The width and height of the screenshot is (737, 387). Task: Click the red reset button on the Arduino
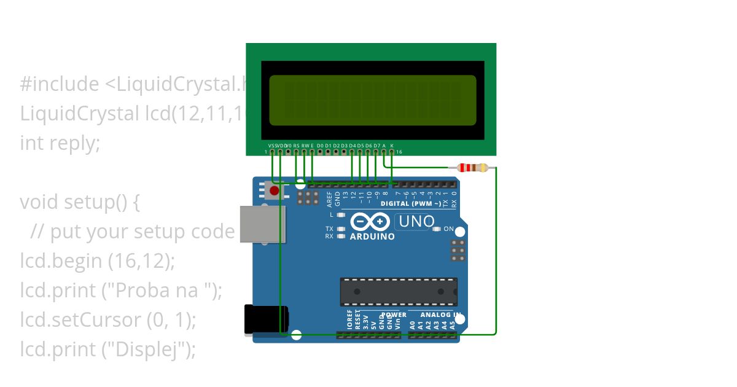(274, 191)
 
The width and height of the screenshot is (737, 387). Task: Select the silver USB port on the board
(262, 224)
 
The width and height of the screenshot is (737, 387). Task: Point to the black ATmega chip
(399, 292)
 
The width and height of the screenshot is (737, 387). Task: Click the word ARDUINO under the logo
(372, 236)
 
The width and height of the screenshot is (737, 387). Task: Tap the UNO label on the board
(416, 221)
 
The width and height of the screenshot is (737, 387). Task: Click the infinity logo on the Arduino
(370, 221)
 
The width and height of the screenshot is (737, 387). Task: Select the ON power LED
(437, 229)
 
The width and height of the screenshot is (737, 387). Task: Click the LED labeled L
(341, 215)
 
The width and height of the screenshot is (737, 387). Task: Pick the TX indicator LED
(341, 229)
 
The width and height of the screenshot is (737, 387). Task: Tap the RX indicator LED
(341, 236)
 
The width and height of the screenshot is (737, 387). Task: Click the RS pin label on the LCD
(297, 145)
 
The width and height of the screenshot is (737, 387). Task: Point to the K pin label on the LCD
(392, 145)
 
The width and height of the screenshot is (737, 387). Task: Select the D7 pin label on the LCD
(376, 145)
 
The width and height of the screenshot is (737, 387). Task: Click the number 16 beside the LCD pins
(399, 152)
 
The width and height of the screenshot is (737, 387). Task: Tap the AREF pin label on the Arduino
(330, 198)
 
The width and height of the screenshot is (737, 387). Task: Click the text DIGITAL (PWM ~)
(410, 203)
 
